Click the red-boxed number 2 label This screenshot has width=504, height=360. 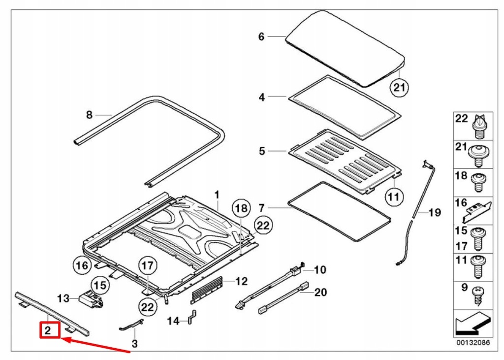click(49, 330)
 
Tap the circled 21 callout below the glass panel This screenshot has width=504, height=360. click(399, 88)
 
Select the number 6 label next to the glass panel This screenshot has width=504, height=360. click(261, 36)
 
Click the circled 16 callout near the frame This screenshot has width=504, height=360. click(82, 265)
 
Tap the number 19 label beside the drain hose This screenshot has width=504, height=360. click(435, 213)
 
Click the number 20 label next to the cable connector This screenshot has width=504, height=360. click(320, 293)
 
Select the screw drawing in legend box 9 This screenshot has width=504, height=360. click(477, 295)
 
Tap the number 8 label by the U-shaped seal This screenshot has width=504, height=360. click(89, 115)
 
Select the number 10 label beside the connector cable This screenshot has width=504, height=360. click(320, 269)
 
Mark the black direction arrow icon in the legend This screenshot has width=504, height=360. click(472, 323)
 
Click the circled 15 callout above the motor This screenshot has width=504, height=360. click(100, 285)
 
